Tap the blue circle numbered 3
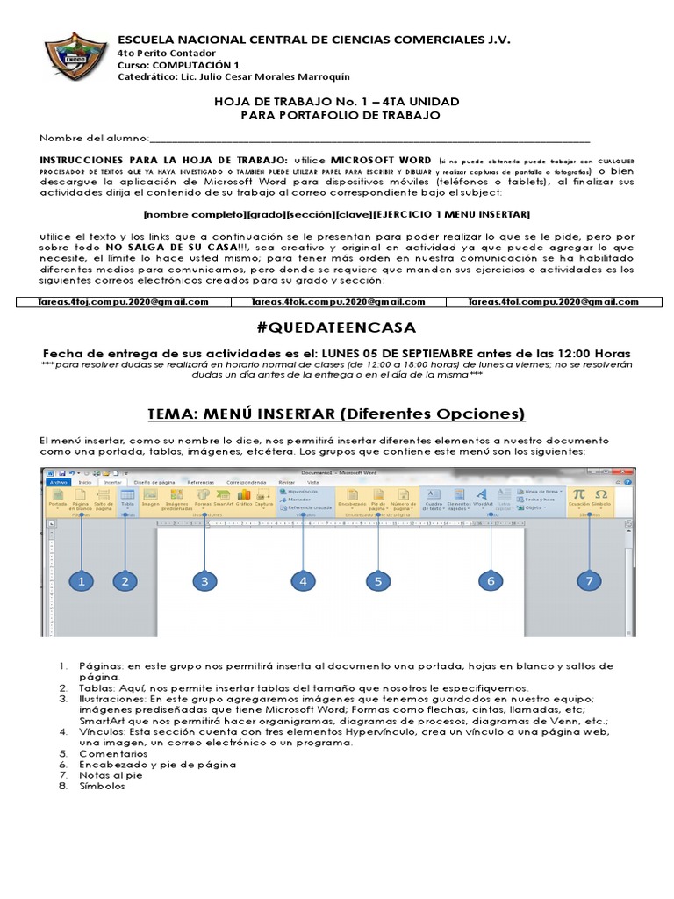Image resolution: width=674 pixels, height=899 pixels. click(x=204, y=581)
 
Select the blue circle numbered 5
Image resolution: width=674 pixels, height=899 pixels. click(x=378, y=581)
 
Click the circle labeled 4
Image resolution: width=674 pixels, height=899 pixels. click(x=303, y=581)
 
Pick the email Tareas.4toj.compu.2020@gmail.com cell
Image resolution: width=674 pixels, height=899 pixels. click(x=123, y=302)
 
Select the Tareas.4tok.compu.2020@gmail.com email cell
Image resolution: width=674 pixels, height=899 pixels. click(x=338, y=302)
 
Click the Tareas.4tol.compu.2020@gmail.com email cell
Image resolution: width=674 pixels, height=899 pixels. click(x=553, y=302)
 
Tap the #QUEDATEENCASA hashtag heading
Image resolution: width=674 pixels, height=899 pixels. click(x=337, y=328)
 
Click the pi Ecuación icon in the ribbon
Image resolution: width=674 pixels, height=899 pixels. click(x=579, y=495)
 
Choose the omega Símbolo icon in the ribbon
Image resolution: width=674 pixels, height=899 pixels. click(x=601, y=495)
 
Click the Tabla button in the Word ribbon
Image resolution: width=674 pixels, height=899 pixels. click(x=127, y=499)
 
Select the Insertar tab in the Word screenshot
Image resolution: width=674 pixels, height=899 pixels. click(x=113, y=482)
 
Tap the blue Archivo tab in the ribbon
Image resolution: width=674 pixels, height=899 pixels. click(x=59, y=482)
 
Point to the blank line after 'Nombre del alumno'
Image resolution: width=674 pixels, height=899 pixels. click(x=369, y=139)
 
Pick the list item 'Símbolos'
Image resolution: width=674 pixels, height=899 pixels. click(x=102, y=786)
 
